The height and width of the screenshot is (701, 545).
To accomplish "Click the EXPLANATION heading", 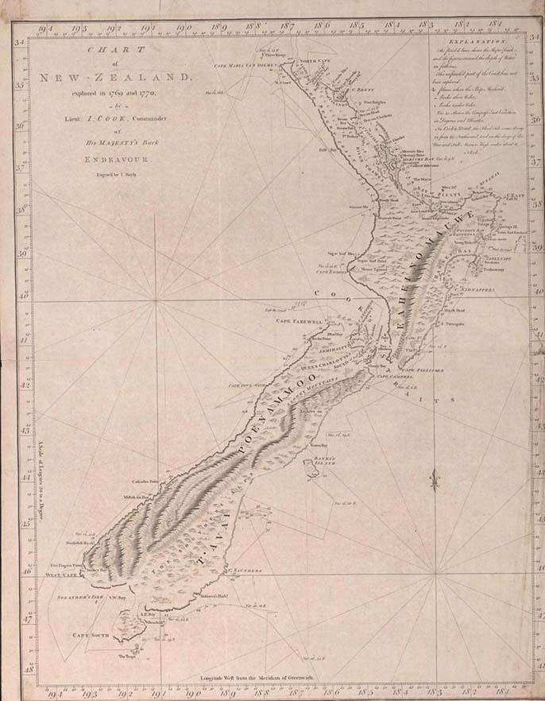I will point(476,40).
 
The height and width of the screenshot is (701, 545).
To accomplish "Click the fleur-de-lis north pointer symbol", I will point(434,479).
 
